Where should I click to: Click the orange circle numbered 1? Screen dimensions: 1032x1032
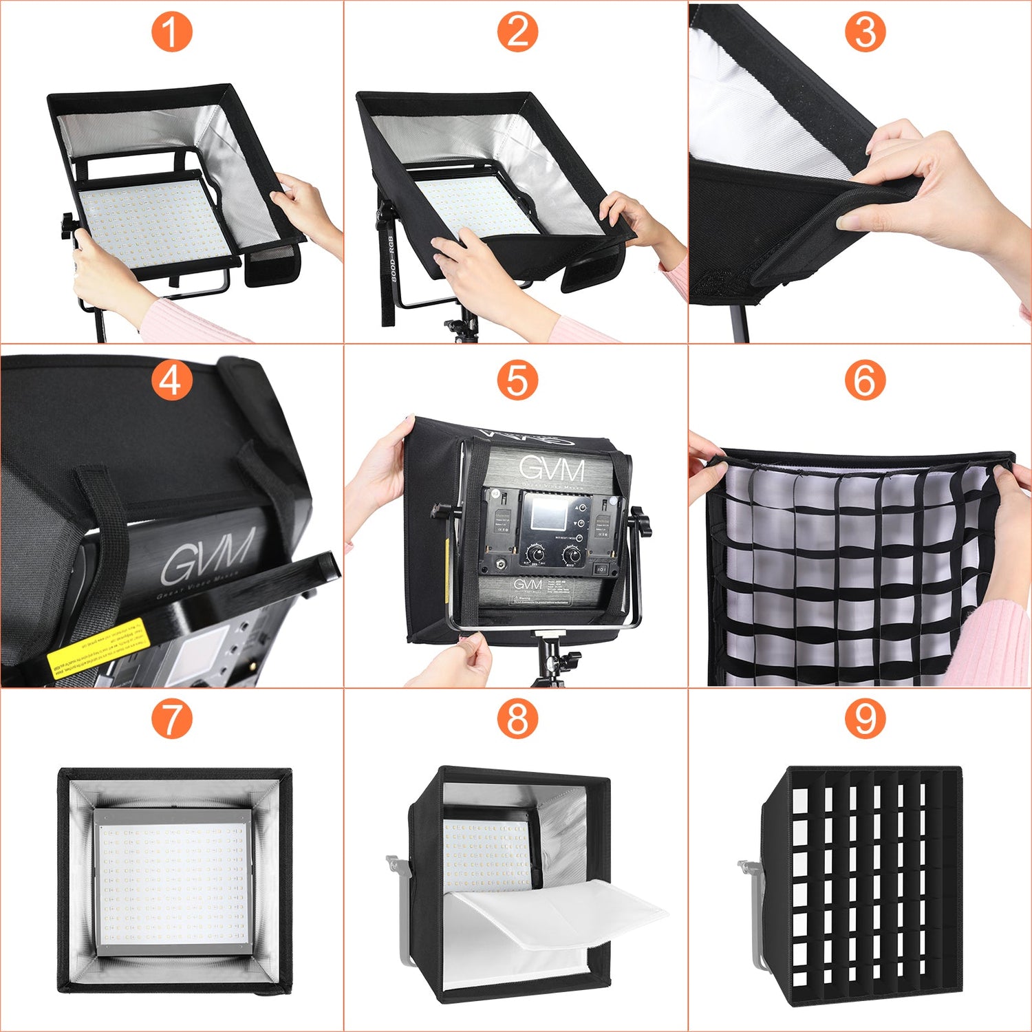point(171,32)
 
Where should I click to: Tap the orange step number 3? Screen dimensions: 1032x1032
point(864,32)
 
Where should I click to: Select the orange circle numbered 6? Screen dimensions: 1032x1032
point(864,380)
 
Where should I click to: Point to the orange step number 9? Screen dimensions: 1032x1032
point(864,719)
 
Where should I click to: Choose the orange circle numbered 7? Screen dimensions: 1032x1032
point(171,719)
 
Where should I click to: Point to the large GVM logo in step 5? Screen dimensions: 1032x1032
point(552,469)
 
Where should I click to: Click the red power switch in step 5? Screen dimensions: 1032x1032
point(601,569)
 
